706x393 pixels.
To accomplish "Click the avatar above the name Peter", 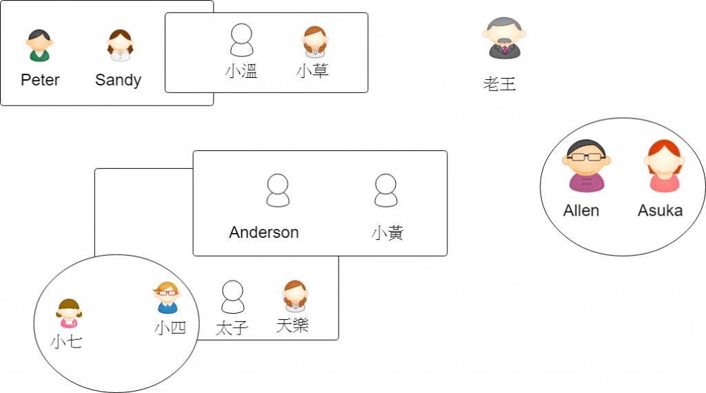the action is (39, 46).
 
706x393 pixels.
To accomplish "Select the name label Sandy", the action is (118, 80).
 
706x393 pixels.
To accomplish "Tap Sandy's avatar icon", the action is (119, 46).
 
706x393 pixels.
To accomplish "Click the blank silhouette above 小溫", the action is (241, 40).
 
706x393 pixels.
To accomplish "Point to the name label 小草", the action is (312, 71).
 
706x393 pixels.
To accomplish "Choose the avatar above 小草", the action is (314, 41).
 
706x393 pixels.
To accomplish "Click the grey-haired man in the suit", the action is (504, 39).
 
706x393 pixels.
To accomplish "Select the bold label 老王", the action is (501, 84).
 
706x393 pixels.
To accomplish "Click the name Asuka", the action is (660, 210).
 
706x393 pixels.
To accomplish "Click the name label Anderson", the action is (264, 232).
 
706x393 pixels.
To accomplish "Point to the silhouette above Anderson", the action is (278, 190).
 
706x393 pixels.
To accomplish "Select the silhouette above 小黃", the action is (385, 190).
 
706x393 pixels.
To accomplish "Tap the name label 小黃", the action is (387, 232).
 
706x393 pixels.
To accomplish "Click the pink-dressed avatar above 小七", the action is (69, 313).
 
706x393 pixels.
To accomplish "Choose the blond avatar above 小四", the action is (167, 298).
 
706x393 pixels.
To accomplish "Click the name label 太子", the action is (231, 327).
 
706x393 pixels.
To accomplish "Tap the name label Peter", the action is (40, 80).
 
